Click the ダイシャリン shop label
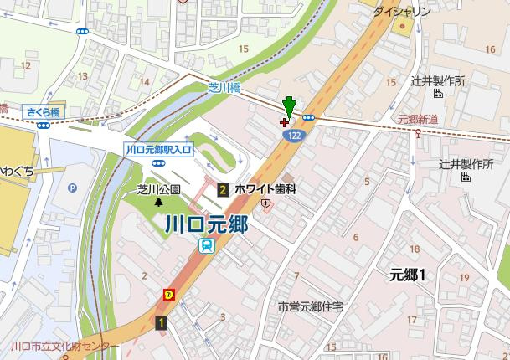(x=401, y=11)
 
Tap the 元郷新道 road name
(x=419, y=120)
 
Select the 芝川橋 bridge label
(x=224, y=87)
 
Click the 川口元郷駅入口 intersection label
(x=158, y=148)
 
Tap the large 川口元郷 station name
(x=205, y=224)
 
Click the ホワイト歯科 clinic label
(x=266, y=189)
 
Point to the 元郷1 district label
(x=409, y=275)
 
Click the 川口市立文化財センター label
(x=60, y=346)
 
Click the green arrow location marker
(x=289, y=106)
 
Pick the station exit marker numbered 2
(x=224, y=190)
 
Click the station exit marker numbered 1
(x=160, y=321)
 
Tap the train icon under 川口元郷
(x=205, y=245)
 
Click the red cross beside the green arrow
(x=283, y=122)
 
